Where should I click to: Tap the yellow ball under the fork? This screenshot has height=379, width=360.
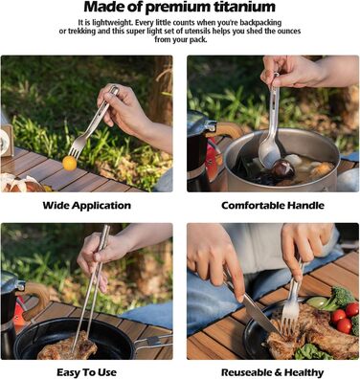(70, 163)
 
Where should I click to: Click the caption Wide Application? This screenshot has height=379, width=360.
(87, 206)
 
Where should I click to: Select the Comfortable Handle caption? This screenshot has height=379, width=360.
(273, 206)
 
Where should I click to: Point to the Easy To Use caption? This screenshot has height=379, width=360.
(87, 372)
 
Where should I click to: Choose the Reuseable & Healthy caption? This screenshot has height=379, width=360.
(272, 372)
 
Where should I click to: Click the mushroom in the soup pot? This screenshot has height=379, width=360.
(282, 170)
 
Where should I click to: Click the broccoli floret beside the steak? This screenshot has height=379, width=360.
(338, 297)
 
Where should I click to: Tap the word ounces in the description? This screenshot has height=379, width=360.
(289, 32)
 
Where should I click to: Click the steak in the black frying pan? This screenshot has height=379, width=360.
(67, 346)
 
